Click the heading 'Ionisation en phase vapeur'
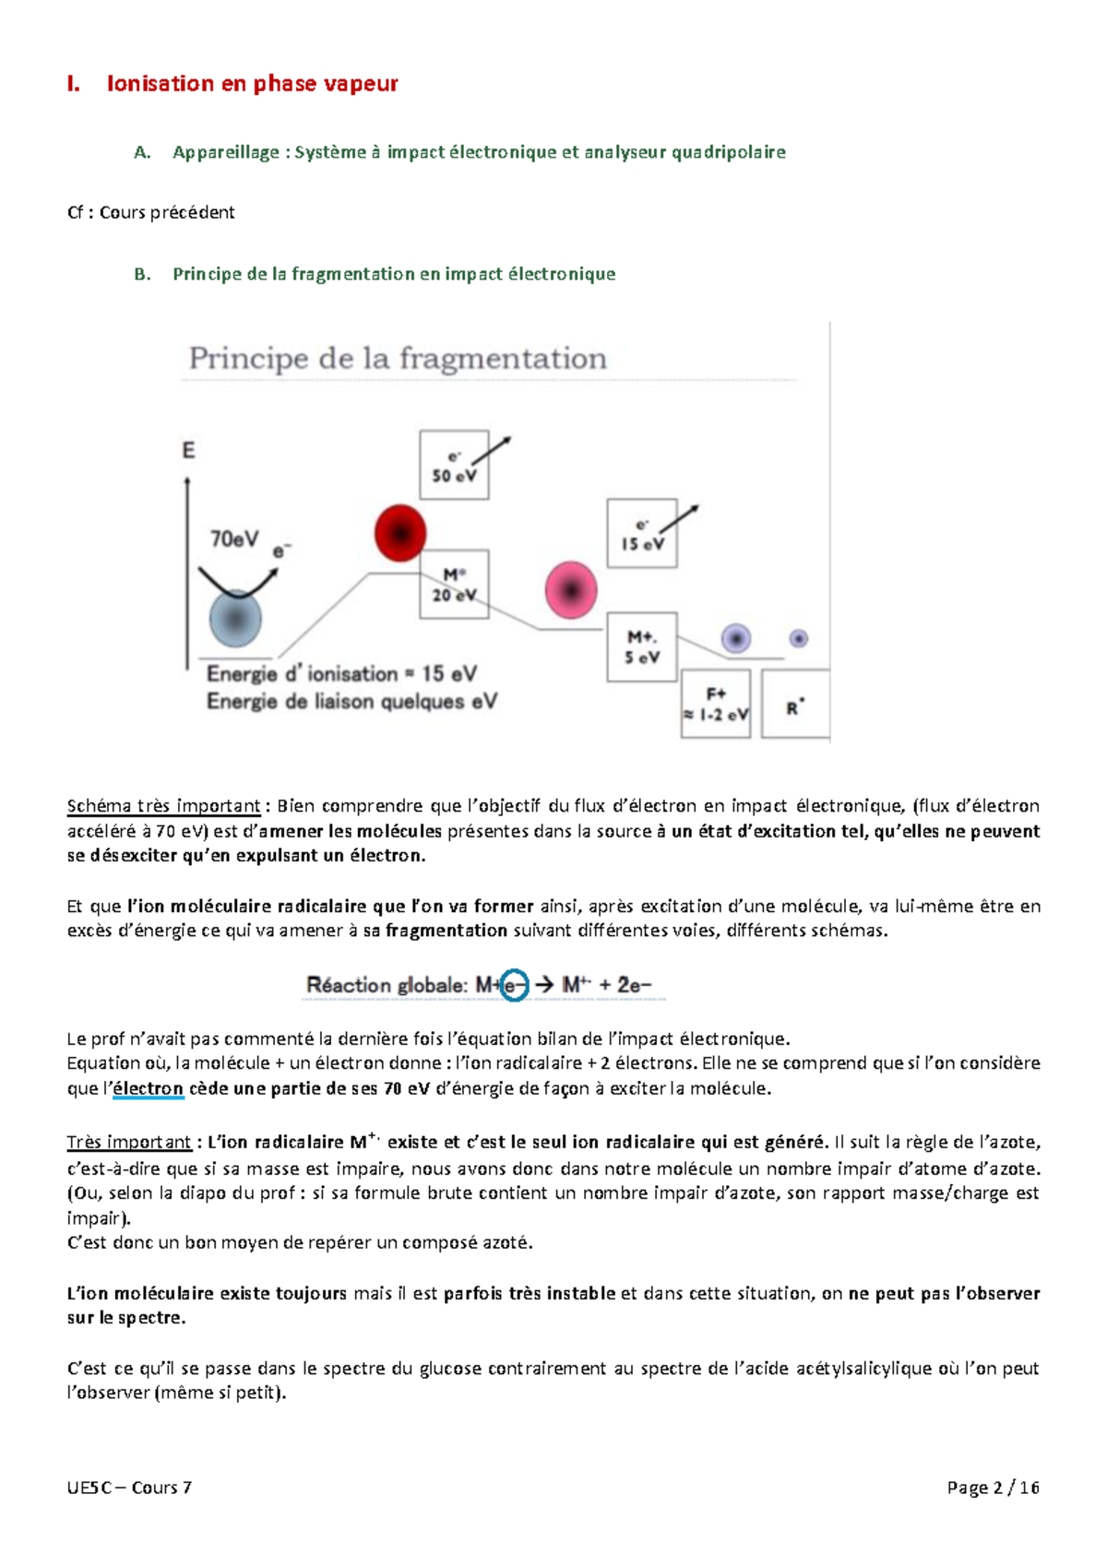[252, 84]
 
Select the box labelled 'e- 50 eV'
[454, 466]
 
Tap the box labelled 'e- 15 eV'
[642, 534]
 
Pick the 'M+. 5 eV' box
[642, 647]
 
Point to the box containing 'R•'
[795, 706]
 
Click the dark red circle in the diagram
[400, 533]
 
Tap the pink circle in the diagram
[571, 590]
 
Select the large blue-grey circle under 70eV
[236, 619]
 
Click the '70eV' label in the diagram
[234, 539]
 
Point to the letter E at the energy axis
[188, 451]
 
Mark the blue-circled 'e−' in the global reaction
[514, 985]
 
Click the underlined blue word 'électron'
[148, 1088]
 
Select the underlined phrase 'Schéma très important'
[163, 806]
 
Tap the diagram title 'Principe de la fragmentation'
[398, 359]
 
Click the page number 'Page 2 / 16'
[993, 1488]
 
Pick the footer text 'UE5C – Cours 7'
[129, 1488]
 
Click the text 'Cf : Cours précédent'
[151, 213]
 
